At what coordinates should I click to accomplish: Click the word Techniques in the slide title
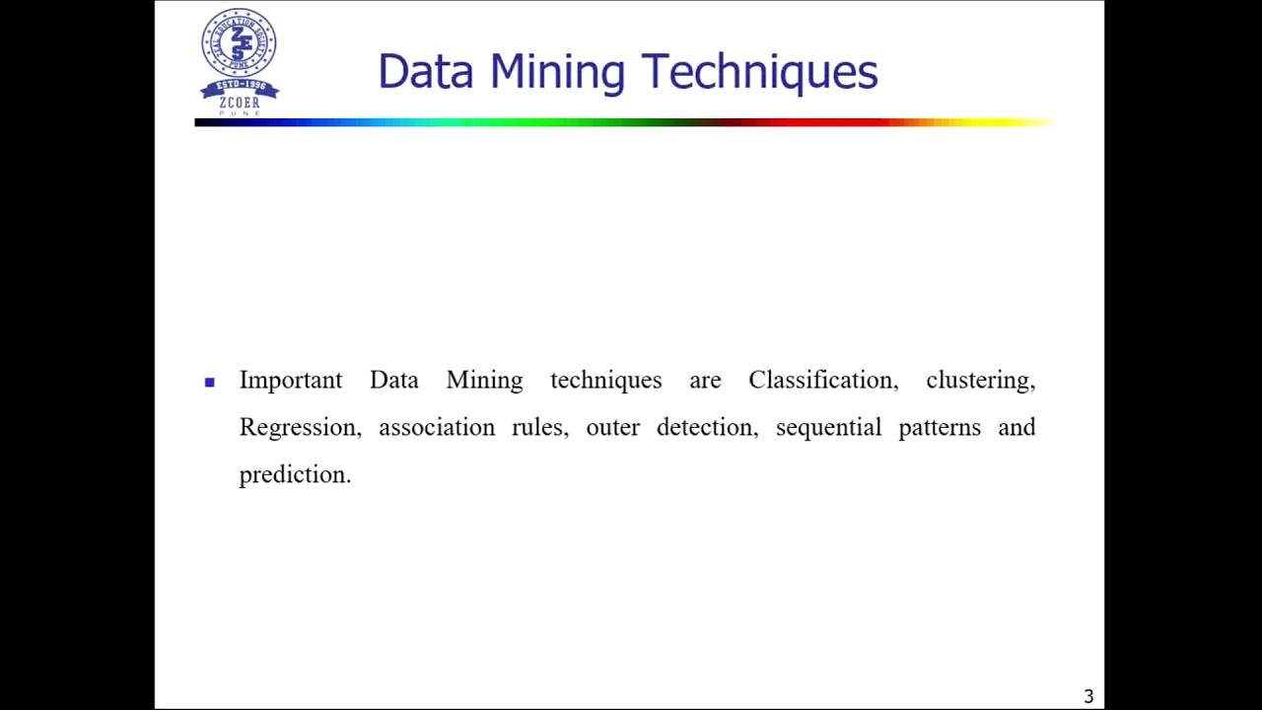click(x=759, y=72)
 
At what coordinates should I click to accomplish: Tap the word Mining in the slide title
click(x=557, y=72)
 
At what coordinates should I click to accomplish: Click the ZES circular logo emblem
click(x=239, y=43)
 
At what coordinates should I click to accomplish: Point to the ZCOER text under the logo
click(x=240, y=103)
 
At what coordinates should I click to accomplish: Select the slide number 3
click(x=1088, y=696)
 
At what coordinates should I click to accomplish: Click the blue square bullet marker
click(x=209, y=382)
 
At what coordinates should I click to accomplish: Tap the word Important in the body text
click(x=291, y=381)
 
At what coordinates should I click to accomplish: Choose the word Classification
click(x=823, y=381)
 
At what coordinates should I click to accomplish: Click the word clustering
click(x=980, y=381)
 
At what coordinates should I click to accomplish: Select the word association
click(x=437, y=428)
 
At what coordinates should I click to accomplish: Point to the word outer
click(x=613, y=428)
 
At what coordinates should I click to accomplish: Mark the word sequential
click(x=828, y=428)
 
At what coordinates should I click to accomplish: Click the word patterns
click(x=940, y=428)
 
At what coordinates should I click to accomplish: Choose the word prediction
click(x=295, y=474)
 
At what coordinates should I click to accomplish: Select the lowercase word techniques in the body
click(x=605, y=381)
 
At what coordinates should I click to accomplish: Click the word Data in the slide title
click(x=425, y=72)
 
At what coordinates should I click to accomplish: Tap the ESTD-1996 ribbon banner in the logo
click(x=240, y=88)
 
